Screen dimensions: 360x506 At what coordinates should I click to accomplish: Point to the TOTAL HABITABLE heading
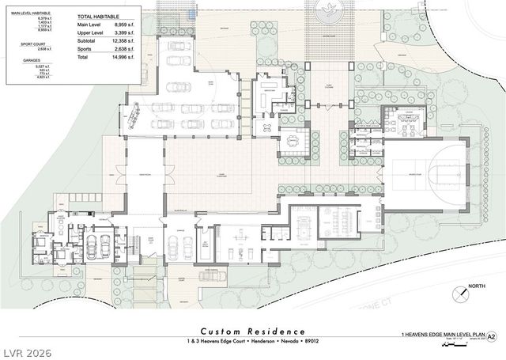point(100,16)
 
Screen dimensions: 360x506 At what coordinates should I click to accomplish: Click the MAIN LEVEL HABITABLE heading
point(32,13)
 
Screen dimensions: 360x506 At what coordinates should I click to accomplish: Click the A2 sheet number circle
point(492,336)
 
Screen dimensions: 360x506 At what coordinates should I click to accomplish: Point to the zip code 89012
point(310,342)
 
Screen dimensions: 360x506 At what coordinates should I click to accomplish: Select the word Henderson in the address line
point(260,342)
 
